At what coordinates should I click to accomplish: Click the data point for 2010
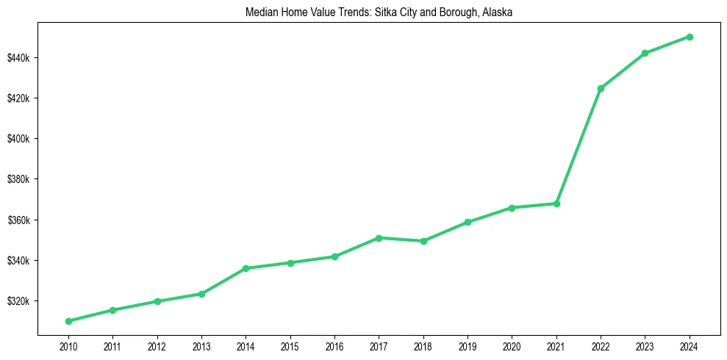click(x=68, y=321)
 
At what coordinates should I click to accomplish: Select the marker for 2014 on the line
click(x=246, y=268)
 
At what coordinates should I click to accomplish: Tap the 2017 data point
click(x=379, y=238)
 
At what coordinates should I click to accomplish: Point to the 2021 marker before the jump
click(x=556, y=204)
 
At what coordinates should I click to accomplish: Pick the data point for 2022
click(x=601, y=88)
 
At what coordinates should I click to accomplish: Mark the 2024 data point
click(x=690, y=37)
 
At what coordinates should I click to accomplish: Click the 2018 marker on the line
click(x=423, y=241)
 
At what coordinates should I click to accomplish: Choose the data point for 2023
click(x=645, y=53)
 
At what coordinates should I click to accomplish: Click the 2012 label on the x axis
click(x=157, y=345)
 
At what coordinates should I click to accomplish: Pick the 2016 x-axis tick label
click(x=334, y=345)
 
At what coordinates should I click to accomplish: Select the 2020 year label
click(x=512, y=345)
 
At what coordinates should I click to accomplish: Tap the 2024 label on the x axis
click(x=690, y=345)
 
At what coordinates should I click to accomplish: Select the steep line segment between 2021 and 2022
click(x=579, y=145)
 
